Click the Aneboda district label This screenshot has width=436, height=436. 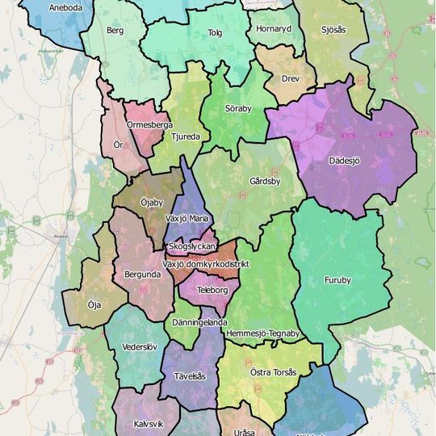pos(65,8)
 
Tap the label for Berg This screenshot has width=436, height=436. pos(115,31)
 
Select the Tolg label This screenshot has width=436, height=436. pos(215,33)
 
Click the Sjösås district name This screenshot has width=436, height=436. pos(333,29)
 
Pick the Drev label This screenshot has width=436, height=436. pos(290,79)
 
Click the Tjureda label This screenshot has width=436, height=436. pos(186,137)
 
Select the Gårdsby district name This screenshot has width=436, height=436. pos(265,182)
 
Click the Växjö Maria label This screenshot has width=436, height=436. pos(187,218)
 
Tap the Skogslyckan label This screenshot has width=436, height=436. pos(191,245)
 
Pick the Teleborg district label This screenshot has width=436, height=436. pos(213,289)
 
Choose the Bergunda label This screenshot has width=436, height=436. pos(143,275)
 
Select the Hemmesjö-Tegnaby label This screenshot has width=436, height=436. pos(263,333)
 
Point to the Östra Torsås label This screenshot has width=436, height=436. pos(274,372)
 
